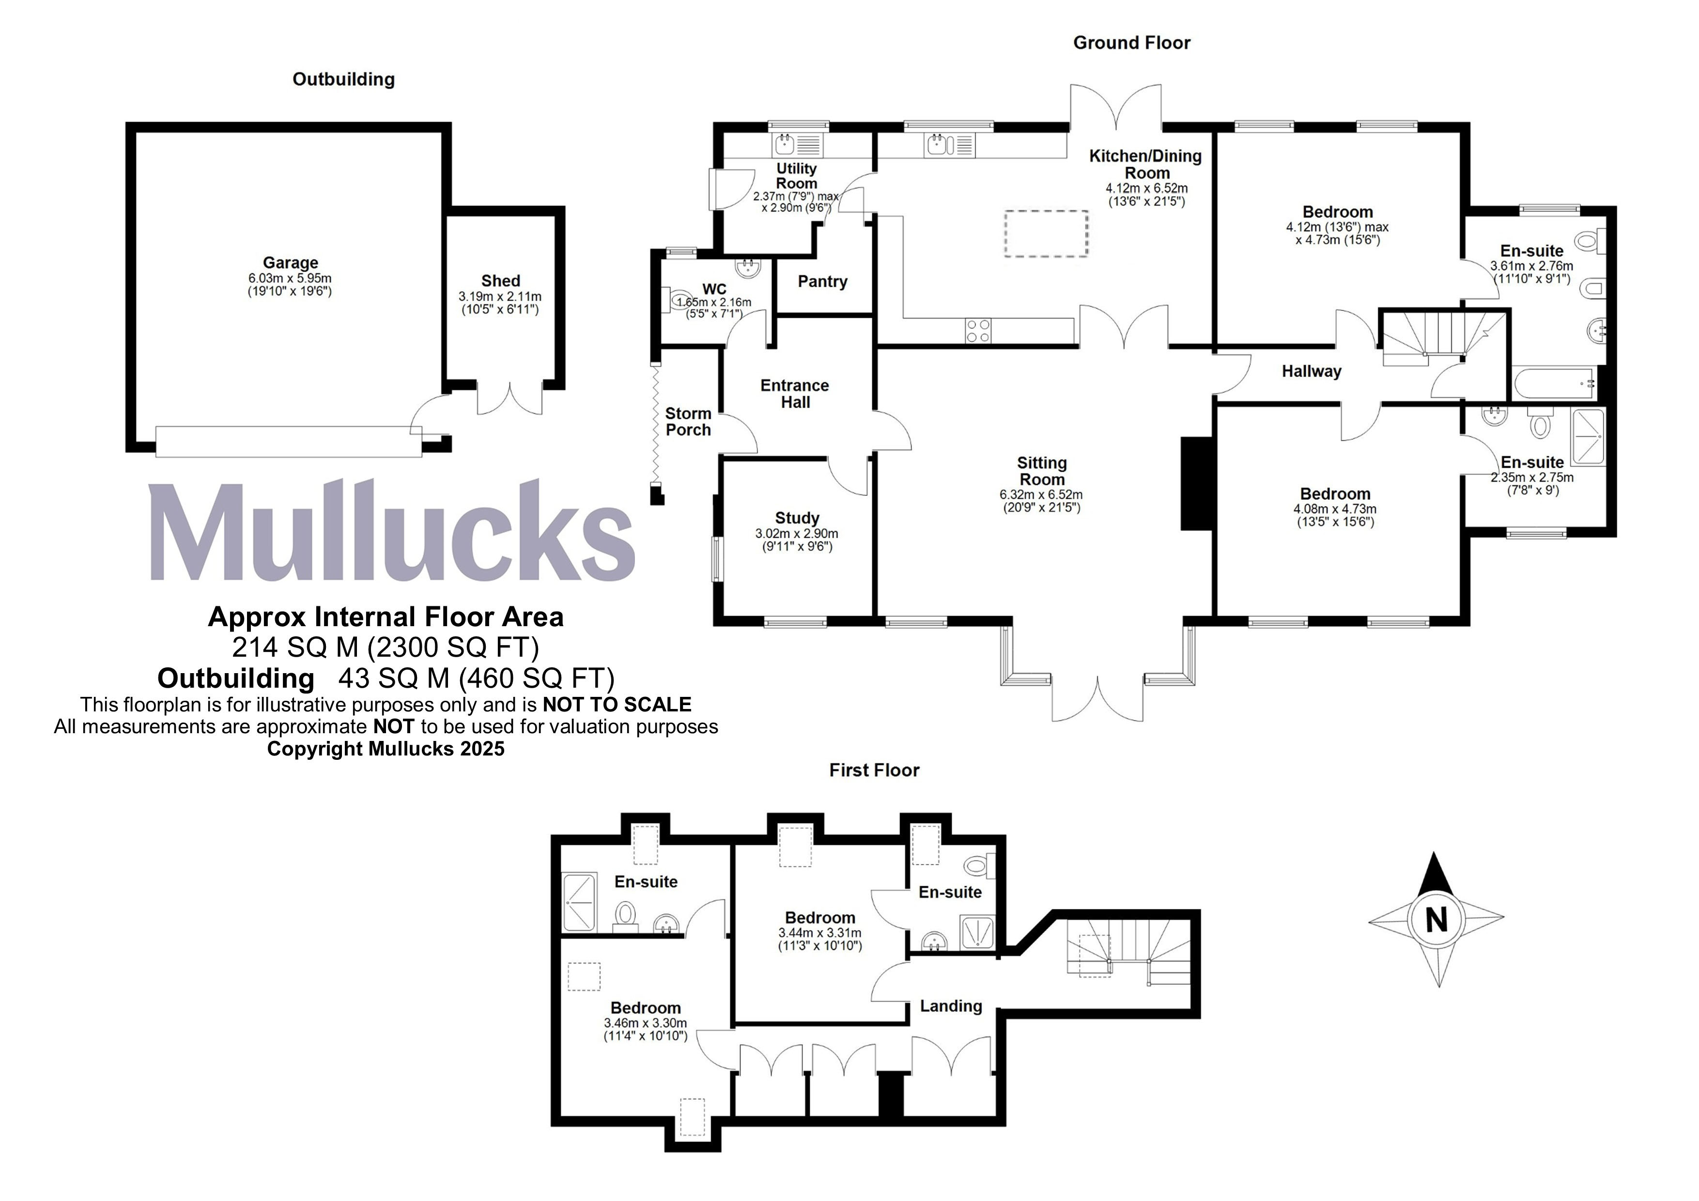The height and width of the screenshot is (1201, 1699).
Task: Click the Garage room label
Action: tap(290, 262)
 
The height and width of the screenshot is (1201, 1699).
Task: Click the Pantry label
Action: tap(822, 282)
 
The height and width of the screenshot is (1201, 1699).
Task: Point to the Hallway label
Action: tap(1311, 371)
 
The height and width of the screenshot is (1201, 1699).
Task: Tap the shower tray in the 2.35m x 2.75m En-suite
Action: tap(1587, 437)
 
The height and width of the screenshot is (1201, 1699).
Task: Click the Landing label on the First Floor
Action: tap(950, 1006)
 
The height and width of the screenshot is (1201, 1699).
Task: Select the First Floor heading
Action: tap(873, 770)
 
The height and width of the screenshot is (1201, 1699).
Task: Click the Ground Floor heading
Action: tap(1131, 43)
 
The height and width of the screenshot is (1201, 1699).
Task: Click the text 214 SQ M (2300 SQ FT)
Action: tap(385, 647)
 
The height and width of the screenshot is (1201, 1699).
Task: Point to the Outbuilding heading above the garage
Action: tap(343, 79)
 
